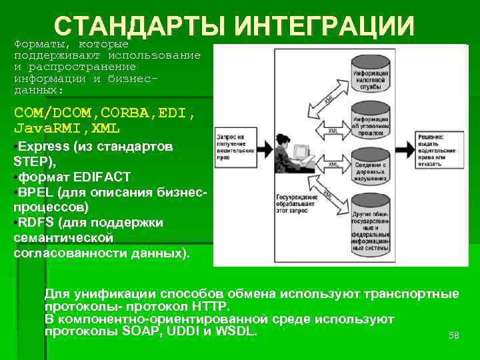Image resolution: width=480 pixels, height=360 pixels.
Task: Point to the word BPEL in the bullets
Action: [38, 192]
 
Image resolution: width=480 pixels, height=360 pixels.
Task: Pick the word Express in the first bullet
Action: [39, 146]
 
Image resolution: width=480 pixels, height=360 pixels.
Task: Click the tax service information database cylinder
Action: [371, 71]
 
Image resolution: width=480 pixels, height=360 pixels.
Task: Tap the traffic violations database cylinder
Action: [371, 168]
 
